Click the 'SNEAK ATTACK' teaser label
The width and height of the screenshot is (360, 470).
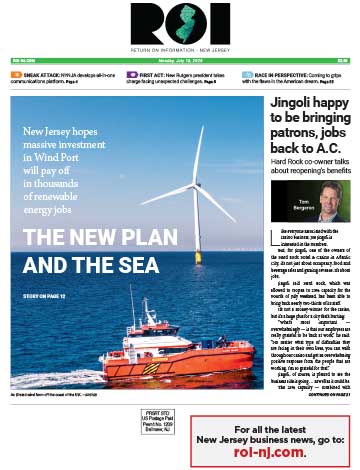click(38, 75)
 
